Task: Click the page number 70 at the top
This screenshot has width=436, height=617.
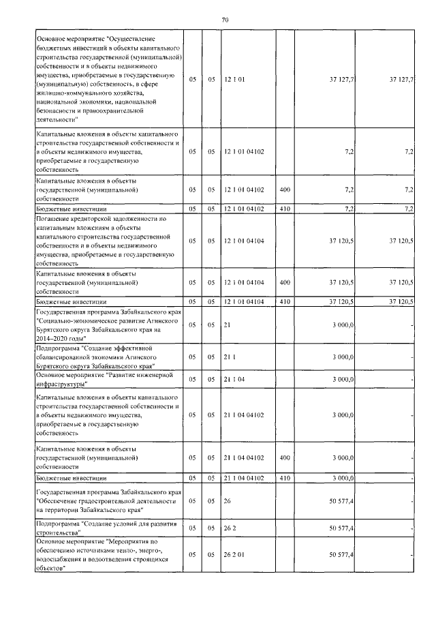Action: [x=225, y=20]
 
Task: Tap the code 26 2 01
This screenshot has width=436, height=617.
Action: [x=234, y=555]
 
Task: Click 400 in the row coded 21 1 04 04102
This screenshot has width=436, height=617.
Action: [x=285, y=458]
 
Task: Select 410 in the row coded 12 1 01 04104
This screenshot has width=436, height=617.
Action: [x=285, y=301]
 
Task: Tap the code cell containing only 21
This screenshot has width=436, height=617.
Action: [x=227, y=326]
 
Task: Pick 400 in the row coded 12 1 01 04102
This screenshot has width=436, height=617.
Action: [x=285, y=189]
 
